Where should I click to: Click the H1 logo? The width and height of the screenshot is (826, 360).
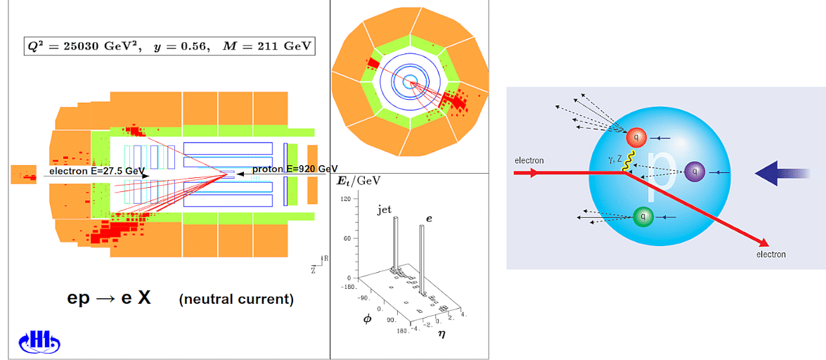point(39,342)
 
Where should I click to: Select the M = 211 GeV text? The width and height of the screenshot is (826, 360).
point(272,47)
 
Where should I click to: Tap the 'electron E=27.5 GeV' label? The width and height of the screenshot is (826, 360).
point(97,171)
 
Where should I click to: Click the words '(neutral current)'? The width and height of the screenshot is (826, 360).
point(235,299)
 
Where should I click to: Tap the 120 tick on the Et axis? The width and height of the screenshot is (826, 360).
point(346,199)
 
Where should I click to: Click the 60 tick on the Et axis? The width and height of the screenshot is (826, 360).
point(347,238)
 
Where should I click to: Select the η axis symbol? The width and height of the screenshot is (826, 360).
point(441,334)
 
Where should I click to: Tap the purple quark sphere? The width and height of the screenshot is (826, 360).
point(695,170)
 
